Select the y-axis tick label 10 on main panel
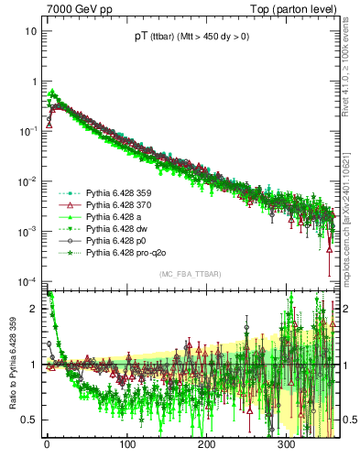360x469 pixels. (x=31, y=31)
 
